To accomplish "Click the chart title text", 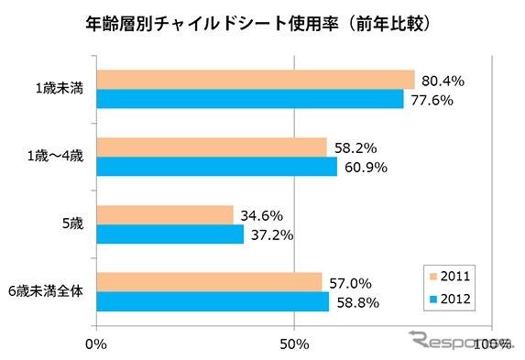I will (x=261, y=19).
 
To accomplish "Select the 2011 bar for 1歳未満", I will (x=255, y=80).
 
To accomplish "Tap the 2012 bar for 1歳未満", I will (x=249, y=99).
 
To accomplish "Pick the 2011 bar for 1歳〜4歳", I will (x=211, y=147).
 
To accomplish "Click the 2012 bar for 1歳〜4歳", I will (x=216, y=167).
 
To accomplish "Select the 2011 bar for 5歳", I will (x=164, y=214).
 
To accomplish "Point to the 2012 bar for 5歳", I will (x=170, y=235).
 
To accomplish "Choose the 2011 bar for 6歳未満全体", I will (x=209, y=281).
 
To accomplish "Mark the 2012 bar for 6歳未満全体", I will (x=213, y=301).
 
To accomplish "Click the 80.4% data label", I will (x=443, y=81).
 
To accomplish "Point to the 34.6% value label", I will (x=262, y=215).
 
